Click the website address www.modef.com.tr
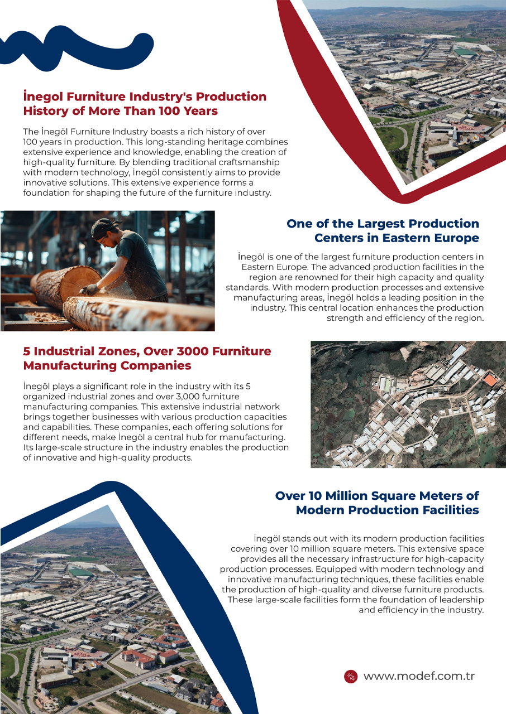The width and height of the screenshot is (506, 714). click(x=419, y=676)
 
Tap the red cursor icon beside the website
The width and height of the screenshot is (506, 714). click(x=351, y=676)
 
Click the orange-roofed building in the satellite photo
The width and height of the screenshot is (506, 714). click(x=489, y=380)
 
